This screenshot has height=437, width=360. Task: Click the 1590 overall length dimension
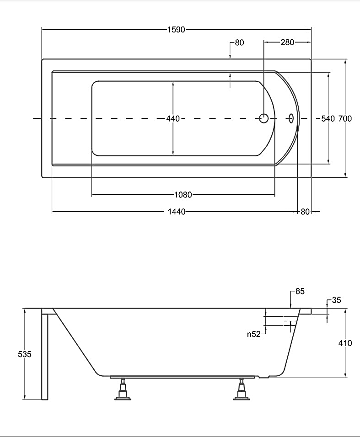coord(177,30)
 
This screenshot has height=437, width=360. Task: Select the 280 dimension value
coord(287,43)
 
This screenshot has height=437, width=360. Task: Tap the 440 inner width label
coord(173,119)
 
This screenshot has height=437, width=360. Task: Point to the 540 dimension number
coord(328,119)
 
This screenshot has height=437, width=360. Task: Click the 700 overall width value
coord(345,119)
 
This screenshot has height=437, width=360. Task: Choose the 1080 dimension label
coord(183,195)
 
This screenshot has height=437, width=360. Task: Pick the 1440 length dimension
coord(177,212)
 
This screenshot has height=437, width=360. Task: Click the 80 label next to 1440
coord(306,212)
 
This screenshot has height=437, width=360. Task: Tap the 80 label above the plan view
coord(240,43)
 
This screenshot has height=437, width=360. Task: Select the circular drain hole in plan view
coord(264,118)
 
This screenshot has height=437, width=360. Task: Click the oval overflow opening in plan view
coord(290,118)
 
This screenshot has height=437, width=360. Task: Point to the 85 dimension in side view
coord(300,291)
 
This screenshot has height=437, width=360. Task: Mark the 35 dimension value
coord(336,300)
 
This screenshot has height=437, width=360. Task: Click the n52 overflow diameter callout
coord(253,334)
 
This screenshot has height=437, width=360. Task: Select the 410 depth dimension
coord(345,343)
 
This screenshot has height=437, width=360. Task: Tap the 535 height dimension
coord(25,354)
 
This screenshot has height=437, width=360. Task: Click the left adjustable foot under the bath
coord(123,390)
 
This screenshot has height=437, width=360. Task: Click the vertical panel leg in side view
coord(45,357)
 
